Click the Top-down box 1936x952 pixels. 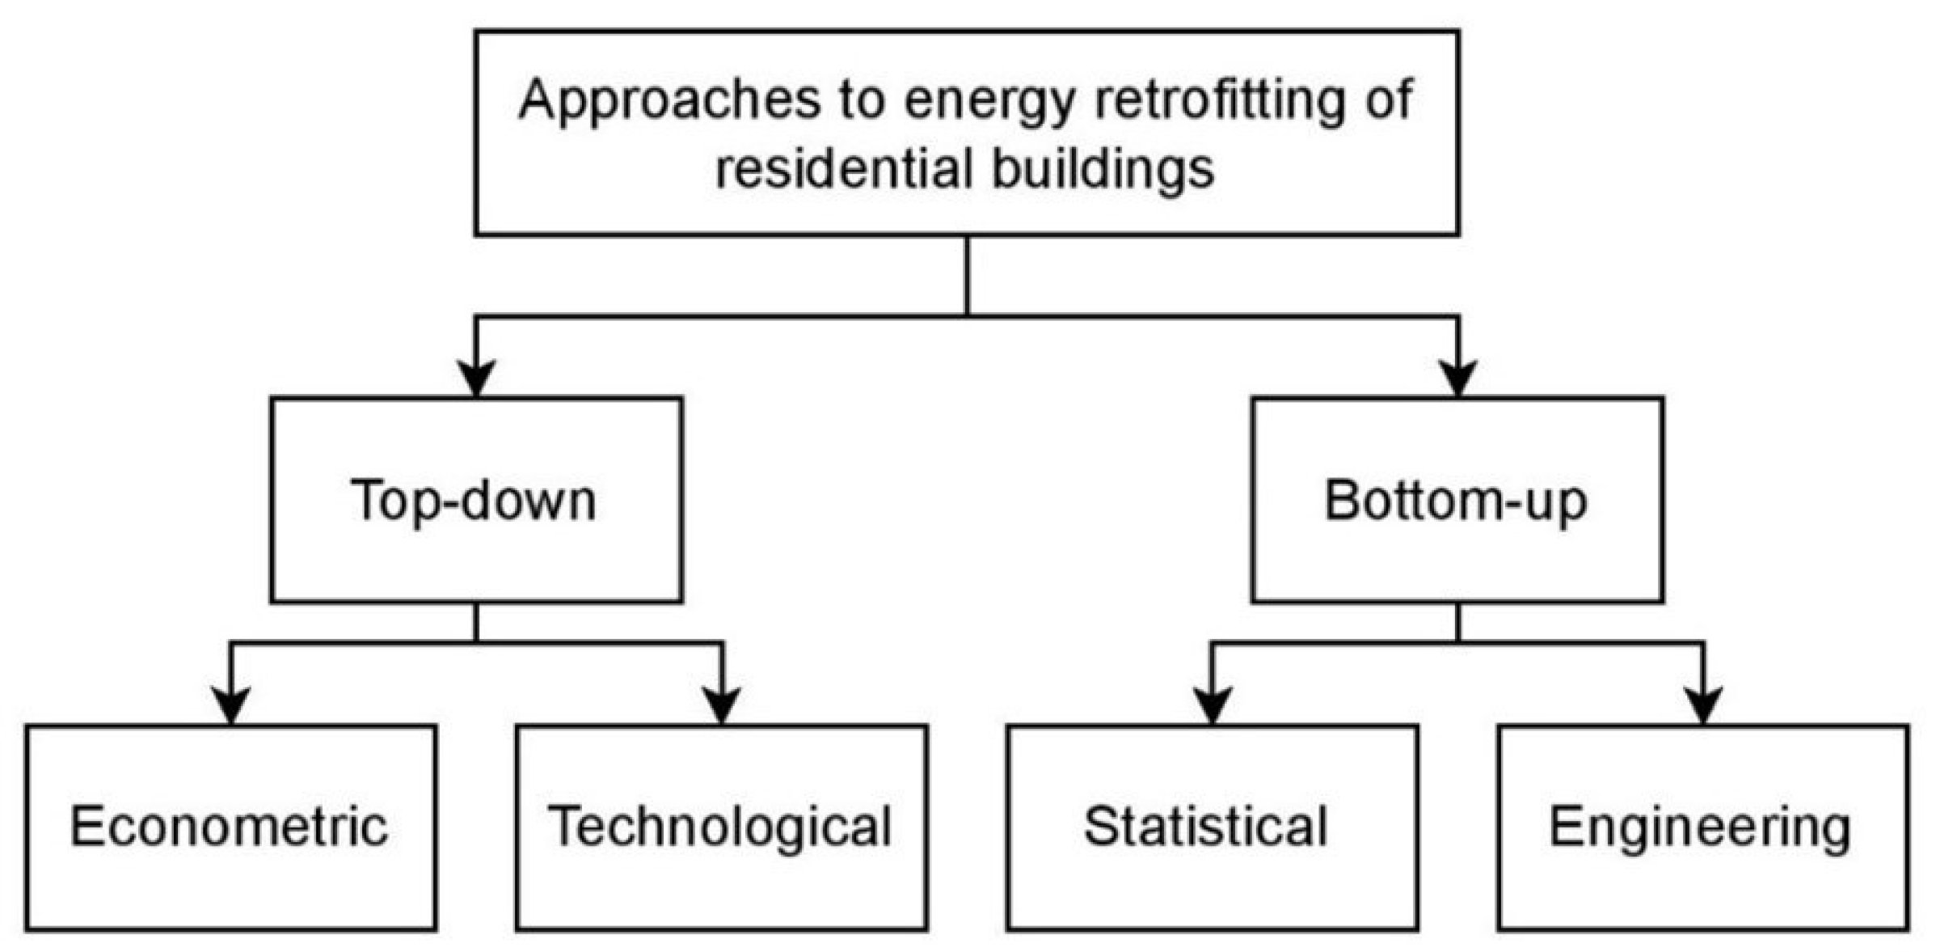point(476,501)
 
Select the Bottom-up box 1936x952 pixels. point(1457,501)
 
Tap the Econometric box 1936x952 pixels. point(230,827)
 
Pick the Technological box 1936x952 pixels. point(721,827)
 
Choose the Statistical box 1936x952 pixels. point(1212,827)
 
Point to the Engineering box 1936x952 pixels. point(1702,827)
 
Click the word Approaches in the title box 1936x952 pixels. point(669,101)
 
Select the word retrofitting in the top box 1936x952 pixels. point(1219,101)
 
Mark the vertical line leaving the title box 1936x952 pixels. point(967,275)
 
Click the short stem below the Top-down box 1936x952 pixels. point(476,622)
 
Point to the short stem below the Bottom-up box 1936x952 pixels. point(1457,622)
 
